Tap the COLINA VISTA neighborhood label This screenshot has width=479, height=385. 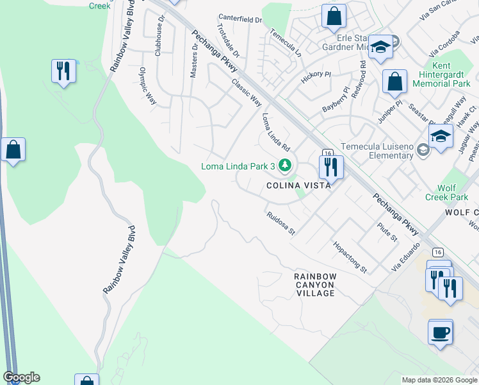[298, 185]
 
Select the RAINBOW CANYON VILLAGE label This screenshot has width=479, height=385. [315, 284]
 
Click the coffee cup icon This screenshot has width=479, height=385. [441, 333]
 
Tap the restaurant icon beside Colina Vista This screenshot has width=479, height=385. [331, 167]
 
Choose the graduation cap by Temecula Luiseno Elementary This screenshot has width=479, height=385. [441, 136]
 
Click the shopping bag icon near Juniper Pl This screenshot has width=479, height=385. [394, 82]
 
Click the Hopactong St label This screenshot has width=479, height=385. [349, 257]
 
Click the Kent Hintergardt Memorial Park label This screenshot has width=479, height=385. [442, 75]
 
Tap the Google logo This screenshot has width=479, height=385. [21, 377]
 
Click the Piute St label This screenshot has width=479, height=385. [387, 233]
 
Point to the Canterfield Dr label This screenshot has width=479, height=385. [240, 19]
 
